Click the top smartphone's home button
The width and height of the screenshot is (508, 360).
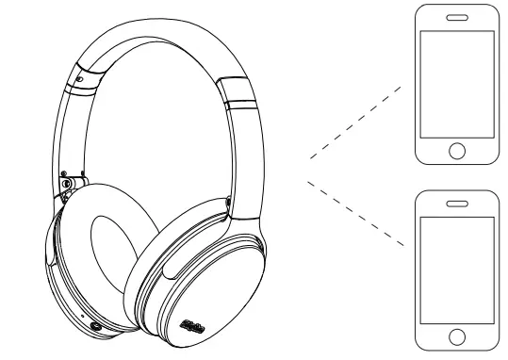[x=457, y=150]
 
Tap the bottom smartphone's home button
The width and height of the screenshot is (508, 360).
[x=457, y=335]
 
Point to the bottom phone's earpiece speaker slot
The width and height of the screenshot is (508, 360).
[x=457, y=203]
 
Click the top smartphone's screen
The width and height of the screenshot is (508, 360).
[x=457, y=84]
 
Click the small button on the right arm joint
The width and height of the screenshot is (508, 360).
[x=229, y=200]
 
